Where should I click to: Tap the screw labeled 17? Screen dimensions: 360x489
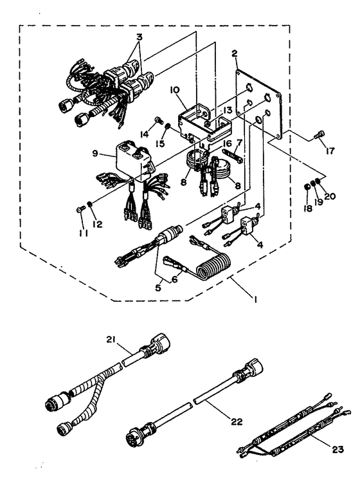[319, 135]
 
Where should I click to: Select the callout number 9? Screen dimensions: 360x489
[95, 153]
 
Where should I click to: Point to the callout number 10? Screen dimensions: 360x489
[175, 90]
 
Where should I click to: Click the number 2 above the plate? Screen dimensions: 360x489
[235, 53]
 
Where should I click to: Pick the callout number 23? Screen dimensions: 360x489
[337, 449]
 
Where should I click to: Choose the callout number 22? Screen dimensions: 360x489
[237, 421]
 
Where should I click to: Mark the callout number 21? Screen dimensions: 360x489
[111, 340]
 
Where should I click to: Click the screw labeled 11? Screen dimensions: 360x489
[80, 210]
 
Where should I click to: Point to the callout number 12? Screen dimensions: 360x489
[98, 224]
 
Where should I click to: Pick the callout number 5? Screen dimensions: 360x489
[158, 288]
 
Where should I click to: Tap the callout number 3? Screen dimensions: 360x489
[139, 37]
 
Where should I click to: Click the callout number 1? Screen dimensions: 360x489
[255, 299]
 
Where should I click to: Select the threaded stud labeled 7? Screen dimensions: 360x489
[233, 155]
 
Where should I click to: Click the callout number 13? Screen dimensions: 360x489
[227, 110]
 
